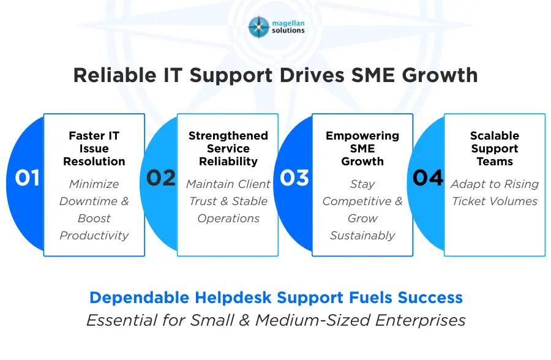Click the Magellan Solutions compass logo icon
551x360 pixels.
click(x=258, y=27)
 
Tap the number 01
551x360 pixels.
click(x=28, y=178)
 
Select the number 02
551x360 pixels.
click(x=161, y=178)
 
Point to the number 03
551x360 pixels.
click(x=294, y=178)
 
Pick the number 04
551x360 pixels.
click(x=428, y=178)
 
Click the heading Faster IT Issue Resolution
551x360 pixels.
click(x=94, y=149)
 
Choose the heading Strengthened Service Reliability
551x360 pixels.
click(x=228, y=149)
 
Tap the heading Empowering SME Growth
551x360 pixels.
click(x=362, y=149)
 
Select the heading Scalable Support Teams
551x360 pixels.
click(x=495, y=149)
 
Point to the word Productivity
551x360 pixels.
click(x=94, y=235)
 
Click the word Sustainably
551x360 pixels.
click(x=362, y=235)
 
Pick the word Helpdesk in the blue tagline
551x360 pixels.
click(x=234, y=298)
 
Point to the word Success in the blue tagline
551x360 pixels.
click(x=430, y=298)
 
